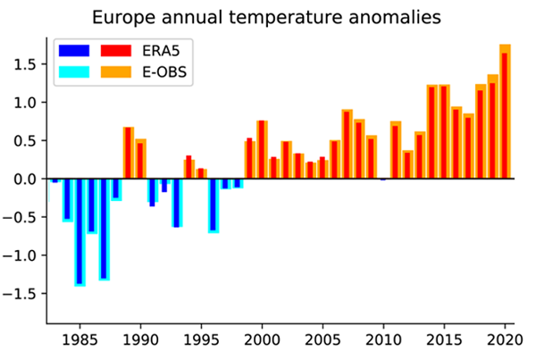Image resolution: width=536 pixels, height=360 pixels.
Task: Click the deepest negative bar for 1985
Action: click(x=80, y=231)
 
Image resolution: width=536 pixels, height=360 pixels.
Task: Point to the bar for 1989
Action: click(x=128, y=153)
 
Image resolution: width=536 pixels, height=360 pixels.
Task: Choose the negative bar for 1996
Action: click(x=214, y=205)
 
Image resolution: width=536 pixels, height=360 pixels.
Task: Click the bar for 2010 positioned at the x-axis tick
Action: click(x=383, y=179)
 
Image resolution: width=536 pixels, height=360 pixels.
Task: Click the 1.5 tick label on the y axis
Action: click(x=24, y=64)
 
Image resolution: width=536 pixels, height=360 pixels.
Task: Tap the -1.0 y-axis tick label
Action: click(x=21, y=255)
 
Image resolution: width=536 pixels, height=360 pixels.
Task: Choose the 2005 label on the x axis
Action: click(x=322, y=340)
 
